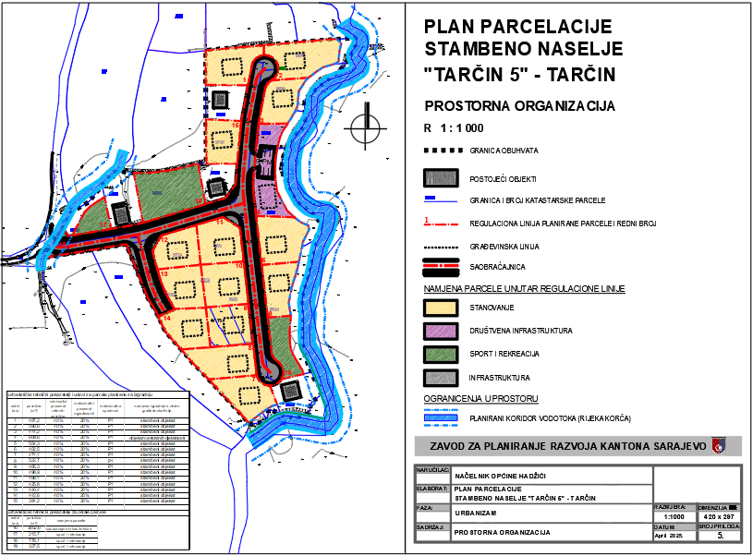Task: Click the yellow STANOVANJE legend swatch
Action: click(442, 307)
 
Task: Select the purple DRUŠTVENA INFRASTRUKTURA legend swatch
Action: click(442, 330)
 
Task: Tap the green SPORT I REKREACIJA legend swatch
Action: click(442, 354)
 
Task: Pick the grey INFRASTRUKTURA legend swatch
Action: click(442, 378)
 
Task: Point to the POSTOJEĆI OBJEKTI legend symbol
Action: click(442, 178)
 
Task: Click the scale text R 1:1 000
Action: click(454, 128)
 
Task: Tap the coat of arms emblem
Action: click(719, 445)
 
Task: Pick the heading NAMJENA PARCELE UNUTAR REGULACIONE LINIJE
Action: click(524, 289)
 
